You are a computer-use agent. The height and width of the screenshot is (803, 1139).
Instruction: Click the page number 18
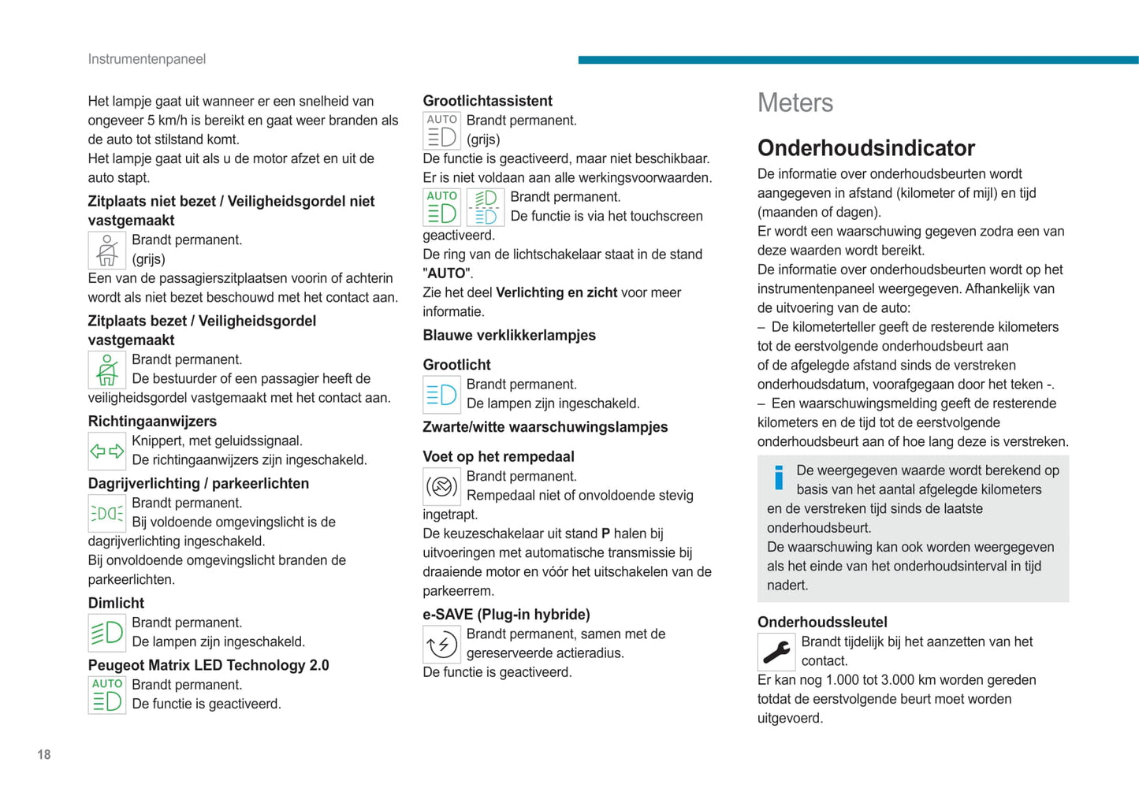click(x=43, y=755)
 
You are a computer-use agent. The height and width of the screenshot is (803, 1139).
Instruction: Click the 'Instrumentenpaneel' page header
click(x=147, y=59)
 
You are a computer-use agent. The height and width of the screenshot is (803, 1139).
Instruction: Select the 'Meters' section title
click(x=795, y=103)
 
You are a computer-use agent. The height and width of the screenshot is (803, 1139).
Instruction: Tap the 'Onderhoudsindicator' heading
click(x=865, y=148)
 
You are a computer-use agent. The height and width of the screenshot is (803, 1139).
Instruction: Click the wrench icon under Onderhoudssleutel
click(x=776, y=652)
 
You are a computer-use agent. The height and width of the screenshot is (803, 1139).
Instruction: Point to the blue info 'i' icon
click(x=779, y=477)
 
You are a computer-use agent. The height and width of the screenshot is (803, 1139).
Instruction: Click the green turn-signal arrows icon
click(x=107, y=452)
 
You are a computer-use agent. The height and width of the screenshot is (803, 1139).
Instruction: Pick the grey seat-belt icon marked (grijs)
click(x=107, y=250)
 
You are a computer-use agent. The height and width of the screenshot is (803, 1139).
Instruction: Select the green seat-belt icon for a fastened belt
click(x=107, y=370)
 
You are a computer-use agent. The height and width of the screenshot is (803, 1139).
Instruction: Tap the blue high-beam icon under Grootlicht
click(x=441, y=395)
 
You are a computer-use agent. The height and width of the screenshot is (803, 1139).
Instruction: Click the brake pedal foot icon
click(x=441, y=486)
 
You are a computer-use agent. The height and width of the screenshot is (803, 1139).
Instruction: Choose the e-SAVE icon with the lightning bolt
click(x=441, y=645)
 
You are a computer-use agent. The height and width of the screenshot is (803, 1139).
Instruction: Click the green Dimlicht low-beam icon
click(x=107, y=633)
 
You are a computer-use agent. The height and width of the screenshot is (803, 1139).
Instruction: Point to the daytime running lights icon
click(x=107, y=514)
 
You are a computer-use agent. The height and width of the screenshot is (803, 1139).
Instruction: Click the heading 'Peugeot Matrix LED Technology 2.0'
click(x=208, y=665)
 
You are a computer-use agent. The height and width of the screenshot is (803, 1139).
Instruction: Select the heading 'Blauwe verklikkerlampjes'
click(x=509, y=336)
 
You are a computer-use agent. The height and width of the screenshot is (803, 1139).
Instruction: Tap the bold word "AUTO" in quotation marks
click(x=447, y=273)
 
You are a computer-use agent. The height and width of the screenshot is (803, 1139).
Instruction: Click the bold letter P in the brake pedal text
click(x=605, y=533)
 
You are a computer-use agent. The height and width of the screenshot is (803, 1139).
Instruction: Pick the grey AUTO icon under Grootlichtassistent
click(x=441, y=131)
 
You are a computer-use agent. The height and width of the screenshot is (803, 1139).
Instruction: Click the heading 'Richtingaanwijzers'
click(x=152, y=422)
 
